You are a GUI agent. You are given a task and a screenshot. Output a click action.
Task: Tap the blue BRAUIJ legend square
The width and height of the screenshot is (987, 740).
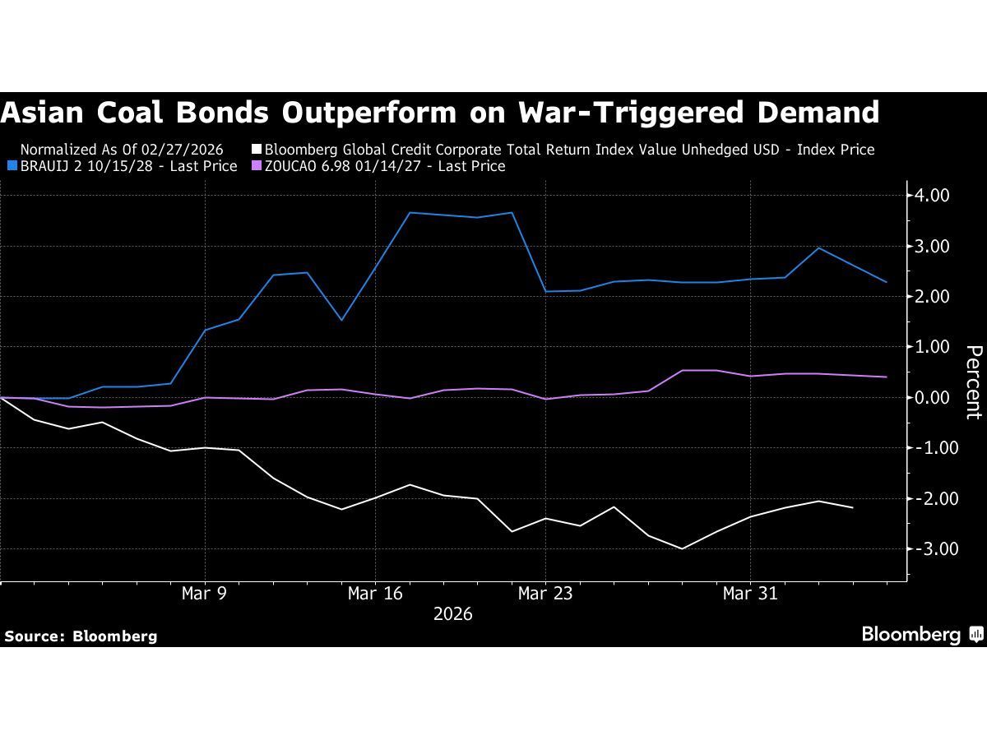pyautogui.click(x=11, y=166)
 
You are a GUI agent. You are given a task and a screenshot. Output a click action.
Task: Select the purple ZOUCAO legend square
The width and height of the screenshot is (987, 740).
pyautogui.click(x=255, y=166)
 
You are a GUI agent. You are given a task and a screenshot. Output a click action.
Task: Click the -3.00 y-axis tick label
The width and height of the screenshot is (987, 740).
pyautogui.click(x=929, y=548)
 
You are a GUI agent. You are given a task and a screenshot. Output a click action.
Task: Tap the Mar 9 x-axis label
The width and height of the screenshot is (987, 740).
pyautogui.click(x=204, y=593)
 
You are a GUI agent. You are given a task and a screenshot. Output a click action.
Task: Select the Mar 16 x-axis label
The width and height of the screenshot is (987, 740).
pyautogui.click(x=375, y=593)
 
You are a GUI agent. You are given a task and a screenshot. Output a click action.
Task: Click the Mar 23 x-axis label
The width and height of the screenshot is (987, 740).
pyautogui.click(x=544, y=593)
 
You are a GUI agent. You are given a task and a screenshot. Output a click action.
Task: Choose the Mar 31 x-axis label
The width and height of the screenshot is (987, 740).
pyautogui.click(x=750, y=593)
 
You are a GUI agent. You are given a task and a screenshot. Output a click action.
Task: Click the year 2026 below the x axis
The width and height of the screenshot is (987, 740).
pyautogui.click(x=452, y=614)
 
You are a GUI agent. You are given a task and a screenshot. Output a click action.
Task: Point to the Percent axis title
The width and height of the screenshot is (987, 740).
pyautogui.click(x=973, y=382)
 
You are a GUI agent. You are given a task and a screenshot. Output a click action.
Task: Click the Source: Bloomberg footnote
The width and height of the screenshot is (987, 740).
pyautogui.click(x=81, y=636)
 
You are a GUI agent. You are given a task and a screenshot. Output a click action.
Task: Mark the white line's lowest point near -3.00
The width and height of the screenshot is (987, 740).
pyautogui.click(x=682, y=548)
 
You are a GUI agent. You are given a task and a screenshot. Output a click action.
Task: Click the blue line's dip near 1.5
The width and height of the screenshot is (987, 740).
pyautogui.click(x=341, y=320)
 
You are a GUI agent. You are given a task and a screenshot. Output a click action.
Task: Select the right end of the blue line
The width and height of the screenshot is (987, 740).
pyautogui.click(x=886, y=282)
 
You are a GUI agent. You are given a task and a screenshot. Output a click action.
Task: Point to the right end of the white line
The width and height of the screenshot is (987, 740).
pyautogui.click(x=852, y=508)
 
